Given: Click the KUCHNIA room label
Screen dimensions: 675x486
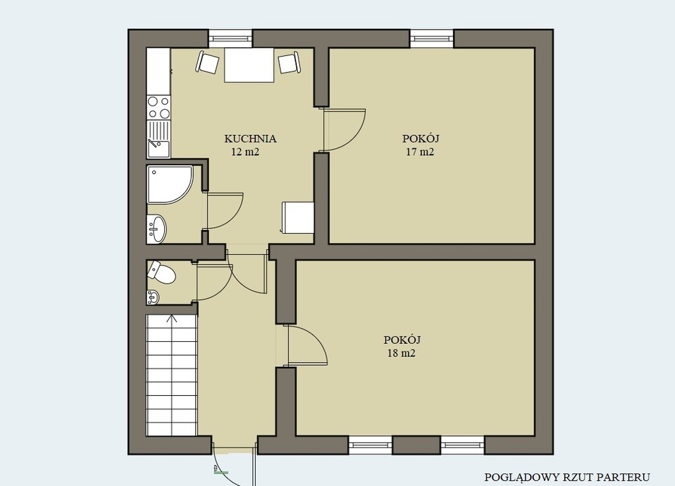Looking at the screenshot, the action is tap(250, 139).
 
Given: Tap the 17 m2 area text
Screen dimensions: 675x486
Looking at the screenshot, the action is tap(420, 152).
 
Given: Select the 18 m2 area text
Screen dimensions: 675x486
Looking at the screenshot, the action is tap(401, 354).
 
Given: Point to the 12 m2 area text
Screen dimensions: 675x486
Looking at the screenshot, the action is tap(245, 152).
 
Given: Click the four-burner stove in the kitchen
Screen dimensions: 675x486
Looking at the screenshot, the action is tap(158, 107).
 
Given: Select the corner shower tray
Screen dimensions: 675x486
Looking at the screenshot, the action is tap(169, 184).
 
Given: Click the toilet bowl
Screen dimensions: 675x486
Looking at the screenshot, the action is tap(162, 273).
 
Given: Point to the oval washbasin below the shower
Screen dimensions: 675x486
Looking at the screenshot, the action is tap(157, 229).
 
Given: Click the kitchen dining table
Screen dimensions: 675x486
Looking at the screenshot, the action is tap(249, 65).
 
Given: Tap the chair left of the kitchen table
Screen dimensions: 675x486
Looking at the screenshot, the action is tap(208, 63).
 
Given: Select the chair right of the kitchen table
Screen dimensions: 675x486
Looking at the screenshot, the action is tap(289, 63).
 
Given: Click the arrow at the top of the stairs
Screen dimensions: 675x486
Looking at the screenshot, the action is tap(172, 319).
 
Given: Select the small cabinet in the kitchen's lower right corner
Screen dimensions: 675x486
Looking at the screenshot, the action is tap(298, 217).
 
